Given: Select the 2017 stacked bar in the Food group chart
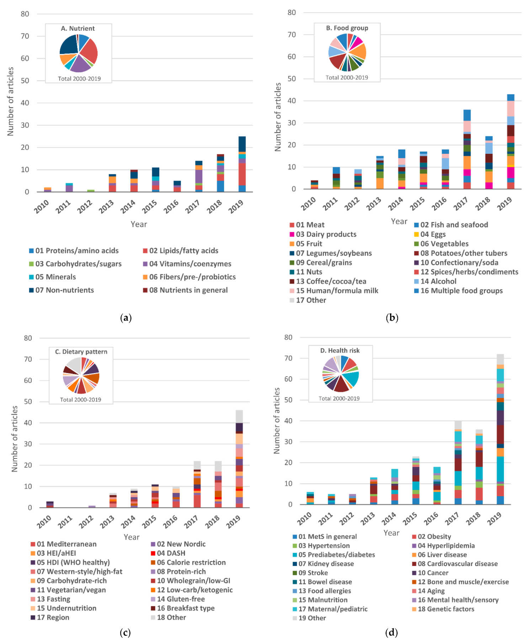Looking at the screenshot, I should click(x=467, y=149).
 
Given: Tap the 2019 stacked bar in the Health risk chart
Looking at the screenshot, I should click(x=500, y=429).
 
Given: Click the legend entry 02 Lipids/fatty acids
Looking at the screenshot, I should click(x=183, y=251).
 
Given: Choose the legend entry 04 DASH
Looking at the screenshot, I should click(x=171, y=553).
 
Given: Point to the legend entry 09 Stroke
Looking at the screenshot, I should click(x=313, y=573).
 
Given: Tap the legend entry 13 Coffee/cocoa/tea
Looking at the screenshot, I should click(x=331, y=281).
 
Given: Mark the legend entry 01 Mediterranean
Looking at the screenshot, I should click(x=66, y=544).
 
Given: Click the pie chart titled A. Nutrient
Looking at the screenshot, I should click(x=79, y=53).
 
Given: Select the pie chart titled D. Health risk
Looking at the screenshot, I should click(x=341, y=374).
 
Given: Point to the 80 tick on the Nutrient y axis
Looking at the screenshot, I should click(x=25, y=14).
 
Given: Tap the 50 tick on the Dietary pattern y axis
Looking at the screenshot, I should click(x=28, y=402).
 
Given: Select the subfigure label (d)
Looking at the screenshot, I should click(x=392, y=632).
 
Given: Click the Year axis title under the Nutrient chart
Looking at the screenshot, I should click(x=139, y=224).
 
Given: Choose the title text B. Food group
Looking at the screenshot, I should click(x=347, y=28).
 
